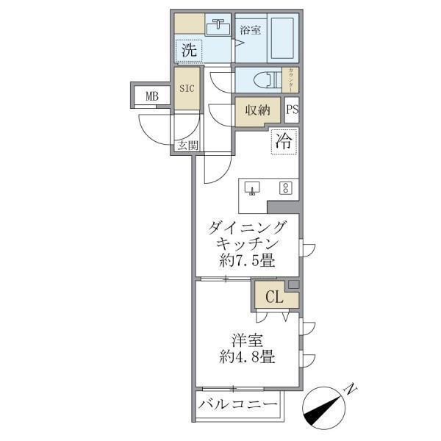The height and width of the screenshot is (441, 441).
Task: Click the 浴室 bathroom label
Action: tap(251, 30)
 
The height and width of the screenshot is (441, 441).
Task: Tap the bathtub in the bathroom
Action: tap(282, 37)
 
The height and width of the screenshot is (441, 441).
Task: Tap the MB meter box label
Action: tap(151, 96)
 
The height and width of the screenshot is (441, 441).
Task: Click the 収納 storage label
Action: tap(257, 110)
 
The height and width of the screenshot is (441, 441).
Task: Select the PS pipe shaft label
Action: tap(292, 110)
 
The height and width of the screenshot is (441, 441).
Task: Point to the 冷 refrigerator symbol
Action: tap(283, 142)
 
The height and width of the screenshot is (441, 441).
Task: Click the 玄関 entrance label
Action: tap(187, 146)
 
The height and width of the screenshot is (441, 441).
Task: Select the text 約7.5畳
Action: tap(245, 260)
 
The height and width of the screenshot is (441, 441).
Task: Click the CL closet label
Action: tap(273, 298)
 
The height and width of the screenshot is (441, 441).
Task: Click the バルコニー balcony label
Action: tap(238, 406)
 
